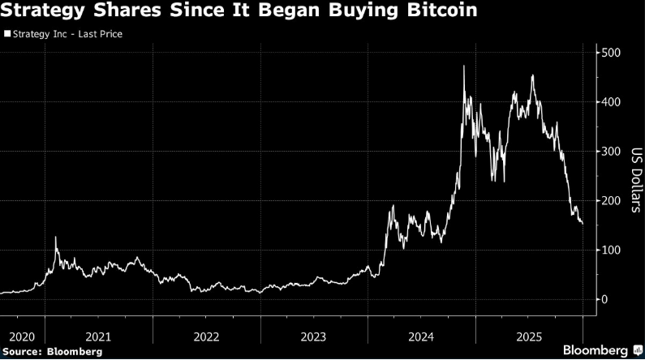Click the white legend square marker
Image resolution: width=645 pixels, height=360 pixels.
click(x=7, y=35)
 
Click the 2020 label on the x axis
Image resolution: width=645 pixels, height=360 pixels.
click(x=22, y=336)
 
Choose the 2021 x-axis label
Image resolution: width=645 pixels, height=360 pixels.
click(x=98, y=336)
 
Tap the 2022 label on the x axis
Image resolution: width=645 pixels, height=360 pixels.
click(x=206, y=336)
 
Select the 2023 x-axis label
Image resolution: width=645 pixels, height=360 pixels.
click(x=314, y=336)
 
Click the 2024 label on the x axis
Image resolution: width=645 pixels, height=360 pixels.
click(x=422, y=336)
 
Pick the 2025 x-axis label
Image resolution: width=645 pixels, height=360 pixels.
click(x=529, y=336)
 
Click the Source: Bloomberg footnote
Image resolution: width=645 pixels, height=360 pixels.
click(x=52, y=351)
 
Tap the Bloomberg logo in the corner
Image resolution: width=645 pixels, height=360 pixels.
click(x=596, y=350)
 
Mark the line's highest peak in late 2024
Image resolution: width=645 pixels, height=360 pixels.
click(x=463, y=66)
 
